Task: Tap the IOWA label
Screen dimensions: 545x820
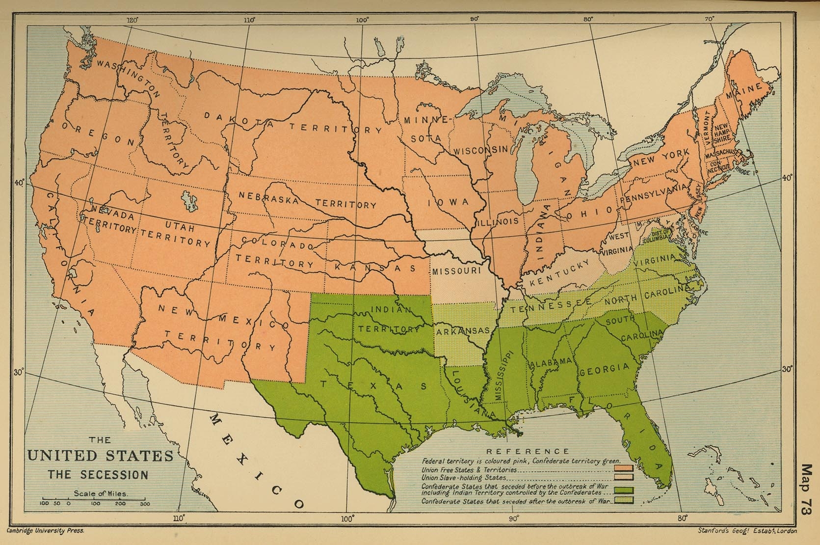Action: (447, 203)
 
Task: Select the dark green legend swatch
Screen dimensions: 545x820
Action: (623, 490)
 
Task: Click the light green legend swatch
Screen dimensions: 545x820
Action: (623, 500)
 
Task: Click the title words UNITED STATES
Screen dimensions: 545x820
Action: (100, 456)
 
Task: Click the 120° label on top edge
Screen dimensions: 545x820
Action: (132, 21)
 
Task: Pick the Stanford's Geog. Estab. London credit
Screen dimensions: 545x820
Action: (746, 530)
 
